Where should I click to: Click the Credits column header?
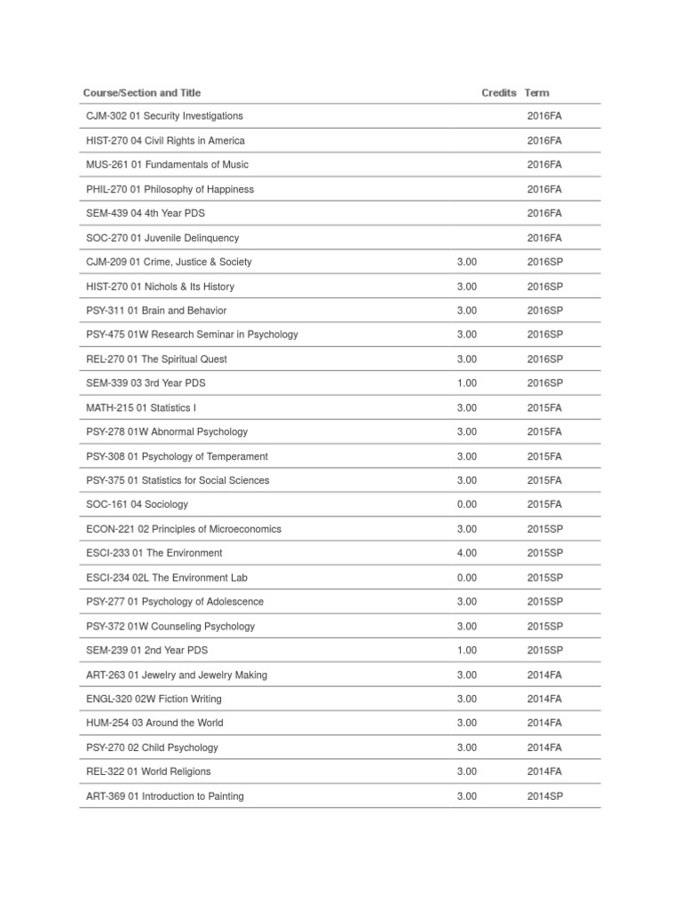tap(498, 92)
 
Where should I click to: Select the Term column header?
tap(536, 92)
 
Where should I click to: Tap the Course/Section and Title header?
tap(142, 92)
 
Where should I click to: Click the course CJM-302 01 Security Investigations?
tap(164, 116)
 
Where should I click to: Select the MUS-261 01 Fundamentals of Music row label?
tap(167, 165)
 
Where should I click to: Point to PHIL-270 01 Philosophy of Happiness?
tap(170, 189)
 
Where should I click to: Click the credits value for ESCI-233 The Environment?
tap(466, 553)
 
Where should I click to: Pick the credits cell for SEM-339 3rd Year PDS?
tap(466, 383)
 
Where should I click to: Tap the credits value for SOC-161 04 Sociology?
tap(466, 504)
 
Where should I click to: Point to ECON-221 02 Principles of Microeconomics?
tap(184, 529)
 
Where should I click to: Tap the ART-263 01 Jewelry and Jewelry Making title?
tap(177, 675)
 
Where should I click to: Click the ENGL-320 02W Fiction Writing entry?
tap(154, 700)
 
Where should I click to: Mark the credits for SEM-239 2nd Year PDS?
tap(466, 651)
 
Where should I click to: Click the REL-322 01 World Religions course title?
tap(148, 772)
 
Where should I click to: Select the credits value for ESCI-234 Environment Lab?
tap(466, 578)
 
